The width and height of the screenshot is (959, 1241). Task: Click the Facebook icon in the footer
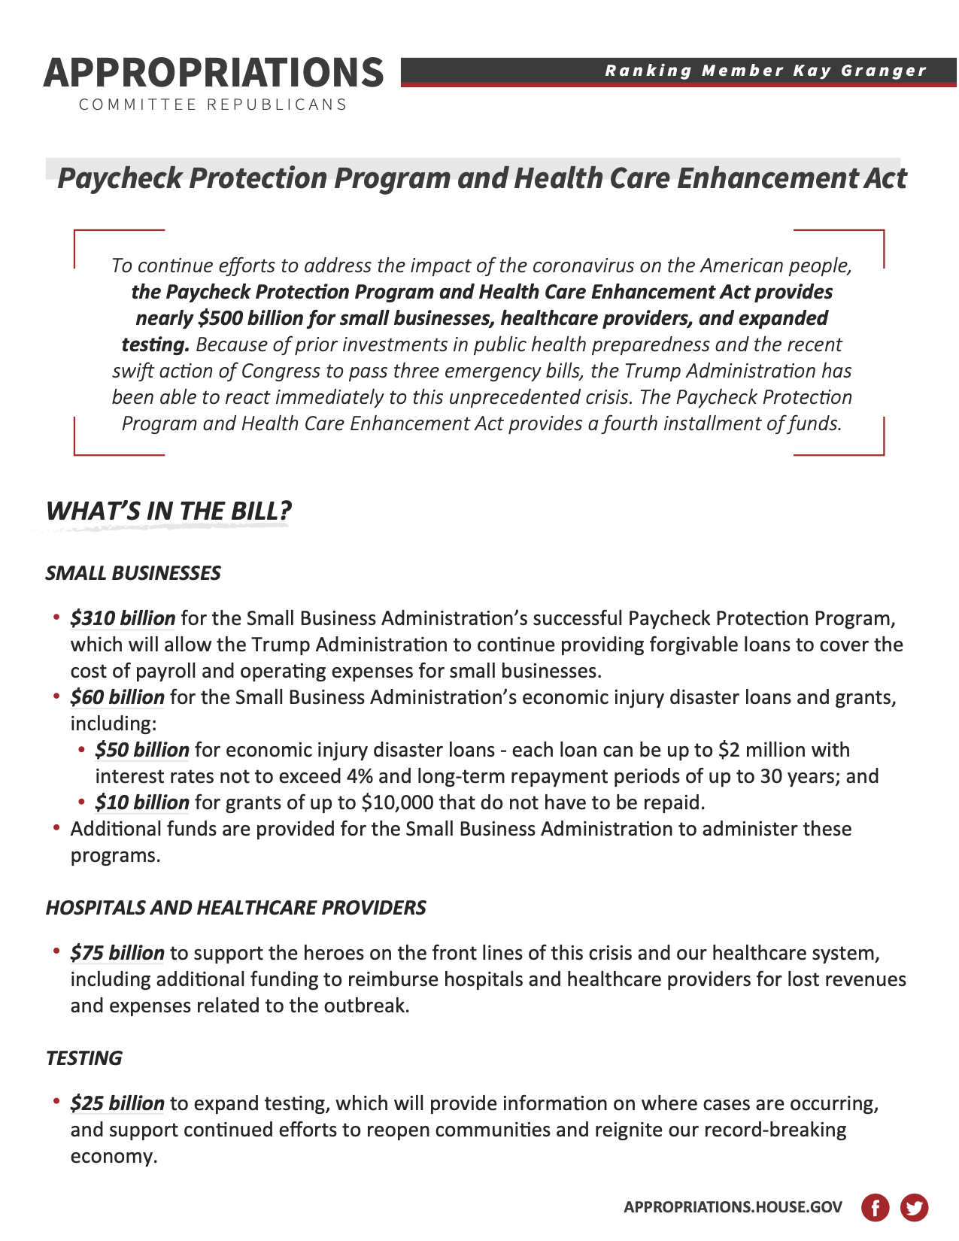coord(875,1208)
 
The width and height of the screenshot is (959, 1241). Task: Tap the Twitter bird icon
coord(914,1208)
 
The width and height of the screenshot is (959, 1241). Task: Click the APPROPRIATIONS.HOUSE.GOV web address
coord(733,1207)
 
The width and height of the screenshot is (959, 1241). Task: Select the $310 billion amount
coord(123,618)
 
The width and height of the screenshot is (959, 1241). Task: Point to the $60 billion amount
coord(117,697)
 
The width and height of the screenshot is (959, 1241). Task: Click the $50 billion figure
coord(142,750)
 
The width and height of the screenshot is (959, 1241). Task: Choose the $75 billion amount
coord(117,953)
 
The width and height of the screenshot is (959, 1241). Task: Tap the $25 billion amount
coord(117,1103)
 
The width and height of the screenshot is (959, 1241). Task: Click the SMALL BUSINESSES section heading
coord(133,573)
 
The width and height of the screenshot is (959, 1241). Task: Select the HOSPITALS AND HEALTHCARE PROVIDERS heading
coord(236,908)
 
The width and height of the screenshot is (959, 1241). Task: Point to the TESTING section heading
coord(83,1058)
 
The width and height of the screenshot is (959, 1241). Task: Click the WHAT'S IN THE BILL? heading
coord(168,511)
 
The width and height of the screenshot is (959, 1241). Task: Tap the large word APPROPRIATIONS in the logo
coord(214,72)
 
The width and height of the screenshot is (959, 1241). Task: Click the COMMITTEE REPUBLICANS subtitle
coord(214,105)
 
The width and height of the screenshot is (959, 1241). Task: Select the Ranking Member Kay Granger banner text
coord(766,71)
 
